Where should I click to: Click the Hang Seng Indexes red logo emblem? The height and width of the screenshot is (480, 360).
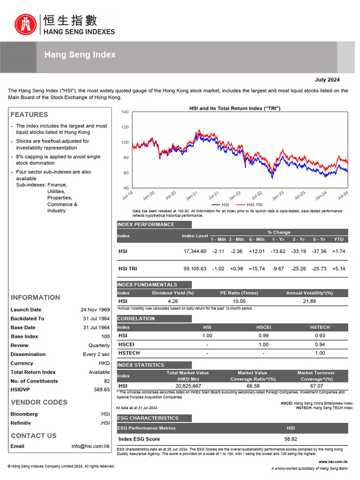tap(25, 25)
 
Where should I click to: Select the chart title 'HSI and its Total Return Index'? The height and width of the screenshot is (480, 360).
tap(234, 108)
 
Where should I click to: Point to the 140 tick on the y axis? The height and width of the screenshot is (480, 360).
tap(125, 112)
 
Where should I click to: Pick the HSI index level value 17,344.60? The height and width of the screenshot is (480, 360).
tap(195, 251)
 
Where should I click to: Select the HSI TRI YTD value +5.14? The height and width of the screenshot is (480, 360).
tap(338, 269)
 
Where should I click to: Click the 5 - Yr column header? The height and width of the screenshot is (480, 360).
tap(319, 240)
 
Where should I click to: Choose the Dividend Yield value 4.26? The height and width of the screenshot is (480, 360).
tap(172, 301)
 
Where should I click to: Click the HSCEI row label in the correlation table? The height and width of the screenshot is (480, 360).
tap(126, 345)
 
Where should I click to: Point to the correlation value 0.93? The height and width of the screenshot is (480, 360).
tap(320, 336)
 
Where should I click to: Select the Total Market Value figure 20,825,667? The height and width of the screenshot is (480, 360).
tap(187, 386)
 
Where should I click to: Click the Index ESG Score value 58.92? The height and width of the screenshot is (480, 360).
tap(291, 439)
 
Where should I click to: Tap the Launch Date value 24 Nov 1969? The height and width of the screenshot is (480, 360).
tap(95, 310)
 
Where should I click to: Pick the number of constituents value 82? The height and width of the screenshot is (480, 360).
tap(106, 381)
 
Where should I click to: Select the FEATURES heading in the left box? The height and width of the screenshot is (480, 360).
tap(29, 114)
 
